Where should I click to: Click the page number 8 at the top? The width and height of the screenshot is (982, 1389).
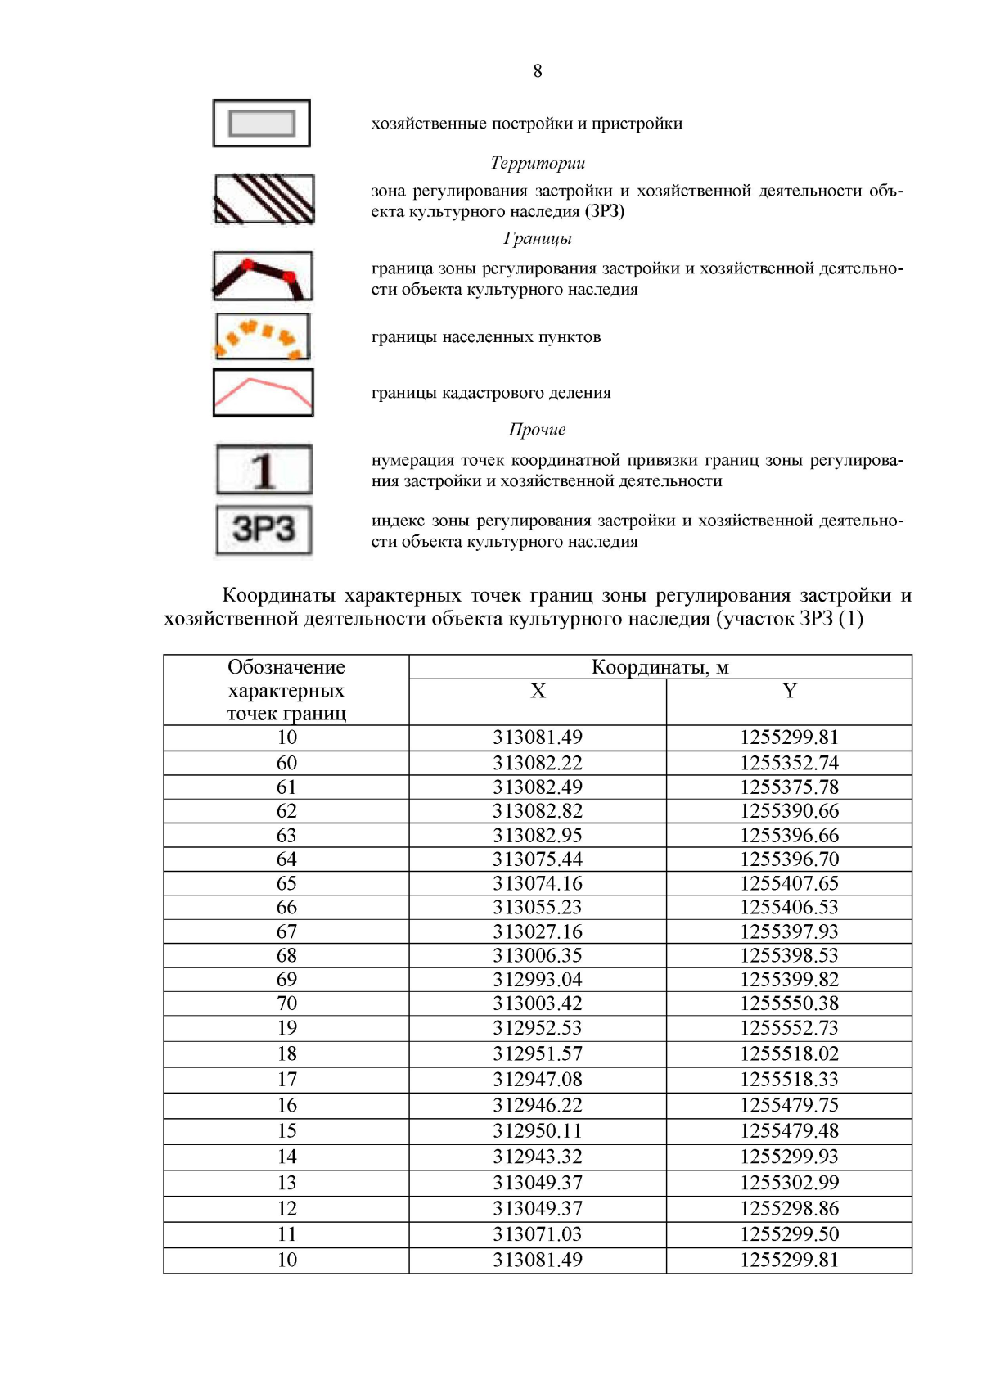[538, 71]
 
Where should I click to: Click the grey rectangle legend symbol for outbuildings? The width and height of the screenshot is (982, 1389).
[262, 124]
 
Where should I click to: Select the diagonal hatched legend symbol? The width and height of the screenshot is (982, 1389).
[264, 199]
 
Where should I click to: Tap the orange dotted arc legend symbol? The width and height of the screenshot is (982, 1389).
[263, 336]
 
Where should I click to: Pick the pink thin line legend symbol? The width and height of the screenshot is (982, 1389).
[263, 393]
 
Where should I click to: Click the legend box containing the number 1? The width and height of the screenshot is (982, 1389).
[264, 470]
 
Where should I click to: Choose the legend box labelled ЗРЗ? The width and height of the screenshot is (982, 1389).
[264, 530]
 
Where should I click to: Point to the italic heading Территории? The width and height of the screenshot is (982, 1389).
[538, 163]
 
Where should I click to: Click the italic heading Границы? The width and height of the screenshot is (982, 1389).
[538, 238]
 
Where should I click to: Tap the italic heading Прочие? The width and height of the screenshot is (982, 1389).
[538, 430]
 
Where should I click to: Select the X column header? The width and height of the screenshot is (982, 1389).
[538, 692]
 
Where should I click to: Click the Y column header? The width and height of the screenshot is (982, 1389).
[789, 692]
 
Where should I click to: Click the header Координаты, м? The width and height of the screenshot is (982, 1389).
[660, 668]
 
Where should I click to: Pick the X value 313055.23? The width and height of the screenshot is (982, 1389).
[538, 908]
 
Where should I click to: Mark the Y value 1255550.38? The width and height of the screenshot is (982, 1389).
[789, 1003]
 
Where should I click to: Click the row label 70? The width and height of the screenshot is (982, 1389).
[286, 1003]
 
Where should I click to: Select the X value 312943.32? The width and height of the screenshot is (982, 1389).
[538, 1157]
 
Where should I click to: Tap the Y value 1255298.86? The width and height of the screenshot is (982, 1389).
[789, 1209]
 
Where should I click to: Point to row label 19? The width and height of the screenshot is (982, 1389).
[286, 1028]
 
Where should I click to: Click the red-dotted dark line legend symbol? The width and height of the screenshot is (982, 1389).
[263, 276]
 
